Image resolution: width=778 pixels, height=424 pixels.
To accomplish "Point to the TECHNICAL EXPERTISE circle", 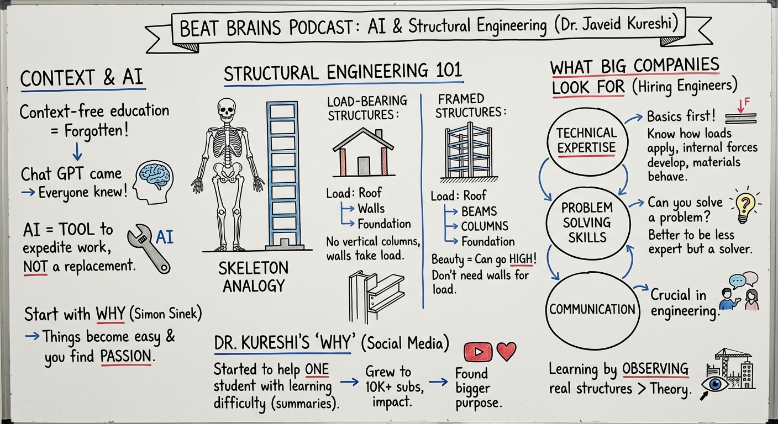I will click(586, 140).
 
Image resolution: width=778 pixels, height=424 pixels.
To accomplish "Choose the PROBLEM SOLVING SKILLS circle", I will click(586, 222).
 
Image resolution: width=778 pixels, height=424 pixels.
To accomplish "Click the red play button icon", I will click(479, 352).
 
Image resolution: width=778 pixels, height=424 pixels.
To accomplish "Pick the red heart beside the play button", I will click(506, 351).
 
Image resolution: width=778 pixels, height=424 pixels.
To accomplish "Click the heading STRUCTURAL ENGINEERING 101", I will click(343, 72).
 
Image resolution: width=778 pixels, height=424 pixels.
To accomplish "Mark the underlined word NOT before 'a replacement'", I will click(35, 267).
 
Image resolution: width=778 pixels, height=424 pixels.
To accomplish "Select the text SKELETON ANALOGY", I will click(253, 277).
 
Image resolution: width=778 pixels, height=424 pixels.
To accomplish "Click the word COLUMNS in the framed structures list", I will click(485, 226).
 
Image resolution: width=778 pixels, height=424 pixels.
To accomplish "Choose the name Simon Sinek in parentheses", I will click(165, 314).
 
